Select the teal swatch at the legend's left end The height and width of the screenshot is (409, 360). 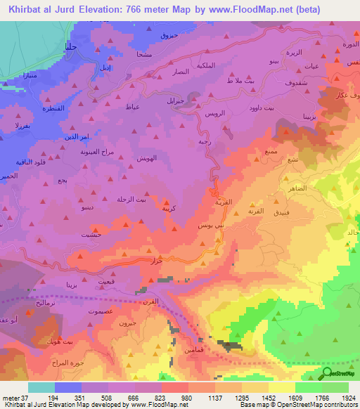[41, 387]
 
